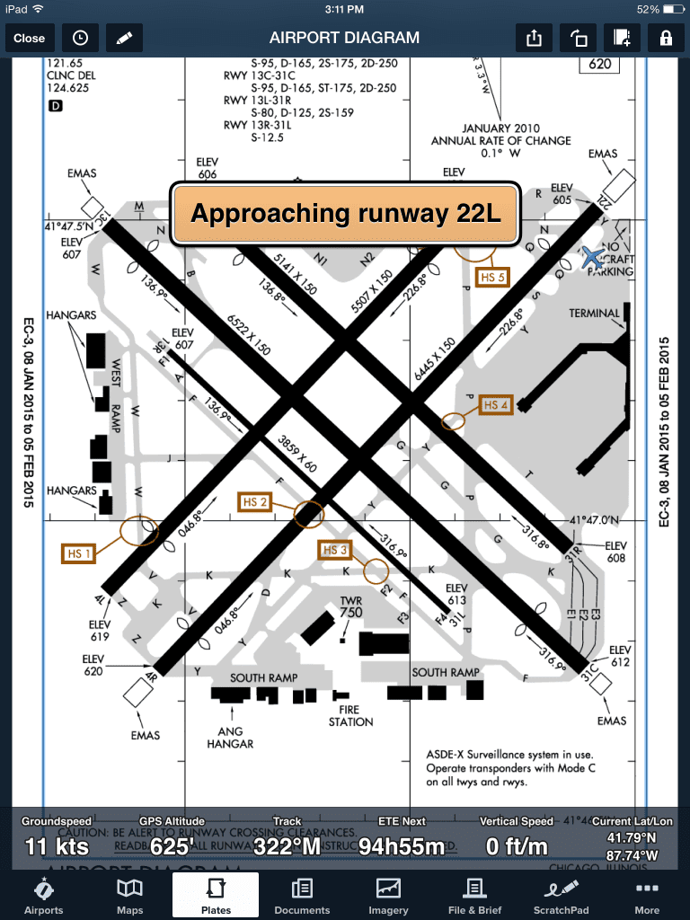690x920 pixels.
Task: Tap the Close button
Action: (x=29, y=38)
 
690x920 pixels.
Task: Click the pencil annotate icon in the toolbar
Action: (x=124, y=38)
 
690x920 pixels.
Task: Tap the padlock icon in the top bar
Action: (x=665, y=38)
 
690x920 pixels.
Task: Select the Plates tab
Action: (x=216, y=896)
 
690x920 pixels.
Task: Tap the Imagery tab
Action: (x=388, y=896)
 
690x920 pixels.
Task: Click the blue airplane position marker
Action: (x=593, y=258)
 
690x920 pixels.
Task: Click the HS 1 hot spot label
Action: (x=79, y=554)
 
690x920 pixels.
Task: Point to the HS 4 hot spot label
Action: (x=497, y=405)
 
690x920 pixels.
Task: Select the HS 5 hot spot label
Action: (x=494, y=277)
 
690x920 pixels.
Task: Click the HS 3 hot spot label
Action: (x=334, y=550)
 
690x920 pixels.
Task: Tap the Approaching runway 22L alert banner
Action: (x=346, y=215)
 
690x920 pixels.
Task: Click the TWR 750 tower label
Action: (x=350, y=606)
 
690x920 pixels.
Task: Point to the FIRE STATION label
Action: (x=350, y=715)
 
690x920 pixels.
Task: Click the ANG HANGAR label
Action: (x=231, y=737)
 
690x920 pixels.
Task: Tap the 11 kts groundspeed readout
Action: (x=56, y=846)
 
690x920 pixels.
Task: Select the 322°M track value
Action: (x=287, y=846)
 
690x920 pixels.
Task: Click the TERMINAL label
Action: (x=595, y=314)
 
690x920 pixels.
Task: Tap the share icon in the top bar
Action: (x=534, y=38)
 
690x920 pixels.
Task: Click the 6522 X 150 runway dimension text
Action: (x=247, y=334)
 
